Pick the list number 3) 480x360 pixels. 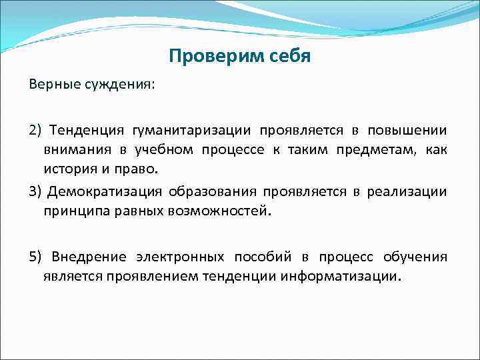click(35, 192)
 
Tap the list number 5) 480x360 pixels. click(35, 257)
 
